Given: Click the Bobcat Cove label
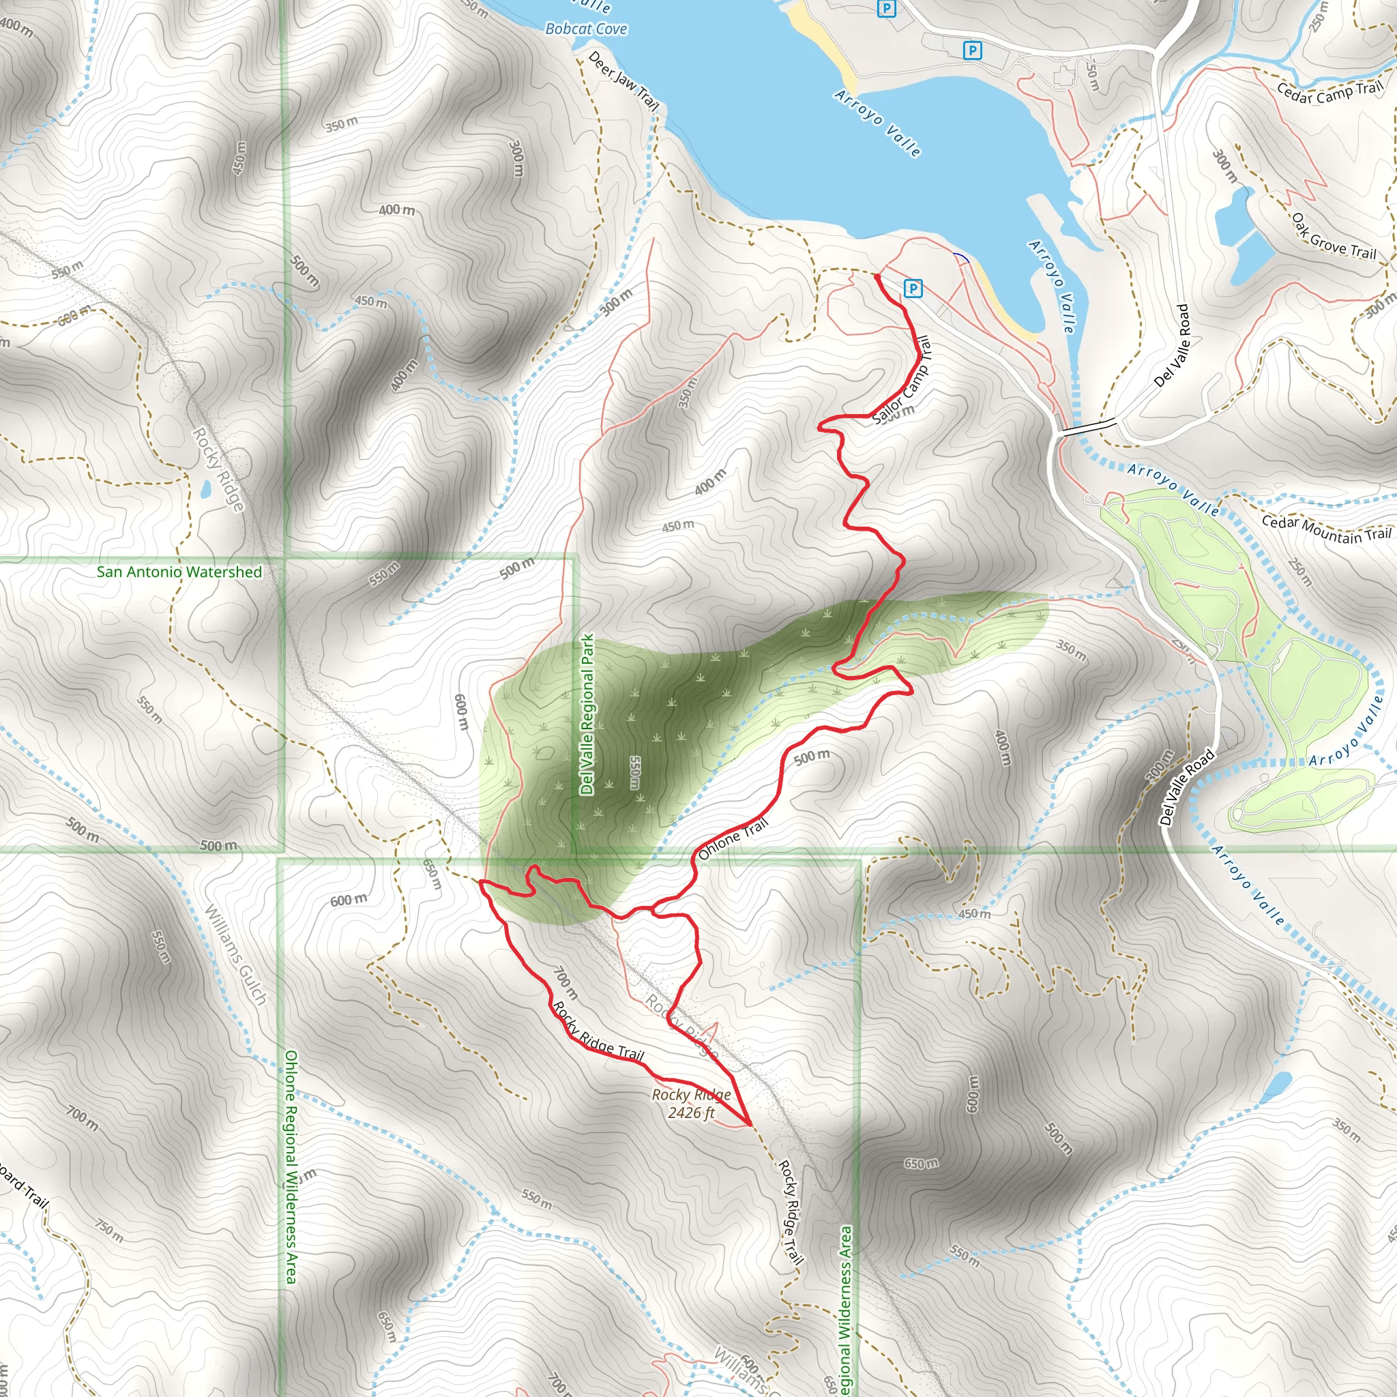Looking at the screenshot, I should point(586,29).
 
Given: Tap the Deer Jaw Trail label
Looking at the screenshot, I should point(623,81).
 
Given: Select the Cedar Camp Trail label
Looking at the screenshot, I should point(1329,93).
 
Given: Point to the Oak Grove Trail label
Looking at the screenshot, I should point(1334,237).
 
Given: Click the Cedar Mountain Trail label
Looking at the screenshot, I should point(1326,529).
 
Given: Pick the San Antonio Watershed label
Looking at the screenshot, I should point(179,572).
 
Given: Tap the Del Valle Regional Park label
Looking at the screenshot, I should point(587,714).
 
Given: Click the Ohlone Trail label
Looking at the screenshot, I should point(733,839).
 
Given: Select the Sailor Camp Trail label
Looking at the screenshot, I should point(902,381).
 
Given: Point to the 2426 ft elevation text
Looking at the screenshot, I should point(690,1113).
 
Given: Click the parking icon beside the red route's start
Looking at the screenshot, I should point(913,289).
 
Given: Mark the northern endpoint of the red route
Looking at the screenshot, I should point(877,276).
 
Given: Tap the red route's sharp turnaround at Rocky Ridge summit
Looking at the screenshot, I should point(750,1125).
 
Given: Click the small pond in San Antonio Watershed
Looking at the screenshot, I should point(205,490).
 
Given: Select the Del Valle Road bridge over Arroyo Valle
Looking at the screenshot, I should point(1087,427).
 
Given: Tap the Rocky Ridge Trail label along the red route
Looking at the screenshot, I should point(598,1032).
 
